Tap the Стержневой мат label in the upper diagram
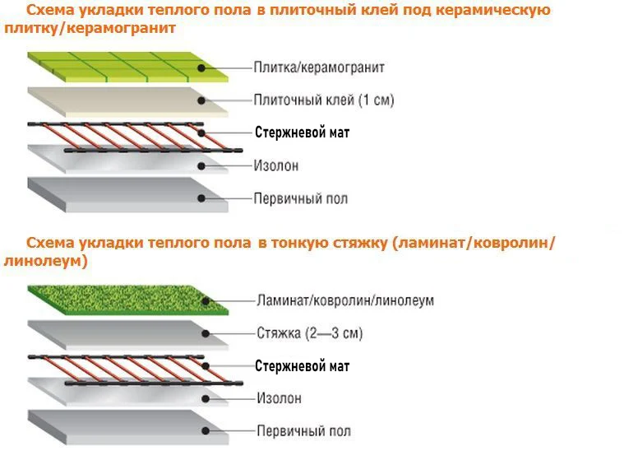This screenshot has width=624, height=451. pos(302,132)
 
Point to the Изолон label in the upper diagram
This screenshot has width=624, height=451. pos(276,165)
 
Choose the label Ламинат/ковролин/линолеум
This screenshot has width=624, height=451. pos(344,300)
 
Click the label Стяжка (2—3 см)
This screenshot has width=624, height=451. pos(309,333)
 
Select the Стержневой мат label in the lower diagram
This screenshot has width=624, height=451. pos(302,365)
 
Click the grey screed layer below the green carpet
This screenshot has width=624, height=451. pos(123,333)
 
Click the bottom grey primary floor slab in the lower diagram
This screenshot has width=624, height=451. pos(123,429)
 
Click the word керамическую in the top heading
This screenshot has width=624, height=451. pos(497,12)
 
